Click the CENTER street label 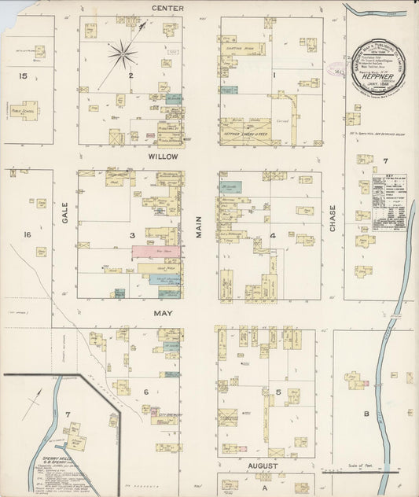[167, 8]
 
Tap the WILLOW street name [168, 156]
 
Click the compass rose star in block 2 [122, 54]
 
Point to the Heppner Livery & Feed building [244, 132]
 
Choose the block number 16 [28, 234]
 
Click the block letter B [366, 413]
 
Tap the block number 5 [277, 391]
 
